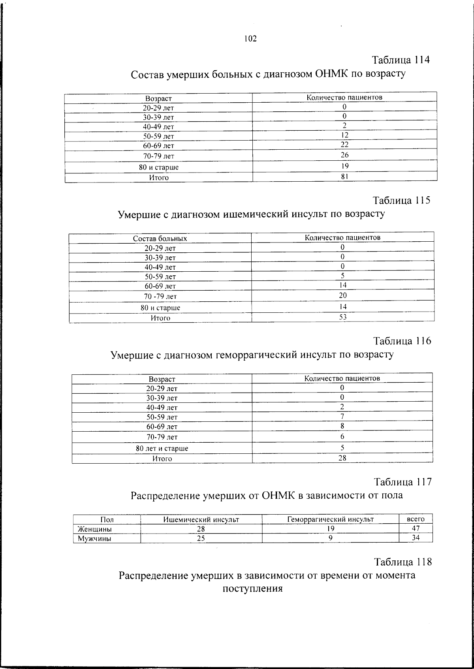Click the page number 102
250,38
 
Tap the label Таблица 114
401,60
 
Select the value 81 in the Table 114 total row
344,177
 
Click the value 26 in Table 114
344,155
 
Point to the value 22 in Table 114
344,145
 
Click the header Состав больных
160,239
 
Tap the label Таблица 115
402,200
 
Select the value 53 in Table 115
343,317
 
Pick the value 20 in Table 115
343,295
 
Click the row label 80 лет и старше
162,448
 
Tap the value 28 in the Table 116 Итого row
342,458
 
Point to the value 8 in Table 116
342,426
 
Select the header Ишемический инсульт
201,519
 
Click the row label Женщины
94,529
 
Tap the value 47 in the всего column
416,528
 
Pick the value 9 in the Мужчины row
331,537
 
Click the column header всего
416,519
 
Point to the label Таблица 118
403,562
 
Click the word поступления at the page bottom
253,589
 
